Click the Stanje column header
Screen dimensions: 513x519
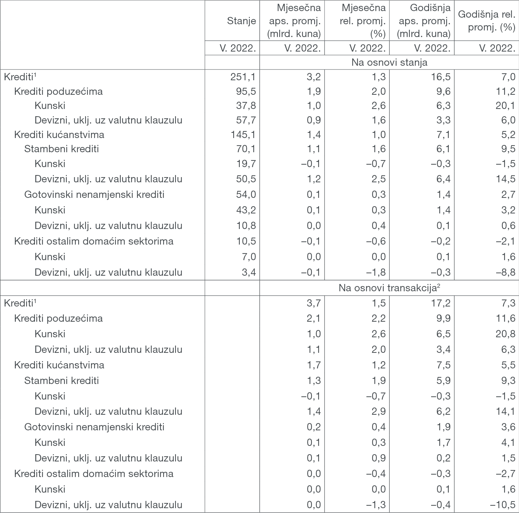coord(241,21)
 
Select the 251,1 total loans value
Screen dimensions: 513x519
coord(243,76)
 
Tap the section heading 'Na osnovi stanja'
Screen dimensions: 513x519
coord(389,62)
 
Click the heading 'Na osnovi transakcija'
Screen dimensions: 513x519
coord(389,288)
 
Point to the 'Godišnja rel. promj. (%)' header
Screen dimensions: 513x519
coord(486,21)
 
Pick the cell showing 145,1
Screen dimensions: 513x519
coord(243,135)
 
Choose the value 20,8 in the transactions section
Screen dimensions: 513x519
coord(506,334)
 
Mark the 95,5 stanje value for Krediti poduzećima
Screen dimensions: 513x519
coord(246,91)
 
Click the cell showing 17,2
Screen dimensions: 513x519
coord(440,303)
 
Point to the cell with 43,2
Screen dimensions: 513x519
coord(246,210)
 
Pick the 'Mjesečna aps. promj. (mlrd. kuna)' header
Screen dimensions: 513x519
coord(295,21)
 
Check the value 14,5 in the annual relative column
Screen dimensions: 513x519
coord(506,179)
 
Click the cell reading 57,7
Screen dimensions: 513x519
coord(246,120)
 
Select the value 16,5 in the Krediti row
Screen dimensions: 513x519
coord(440,76)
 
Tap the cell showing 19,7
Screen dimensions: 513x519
coord(246,164)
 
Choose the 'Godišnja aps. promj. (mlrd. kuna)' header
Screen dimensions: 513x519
coord(424,21)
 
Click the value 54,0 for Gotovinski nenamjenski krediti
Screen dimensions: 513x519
coord(246,194)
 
